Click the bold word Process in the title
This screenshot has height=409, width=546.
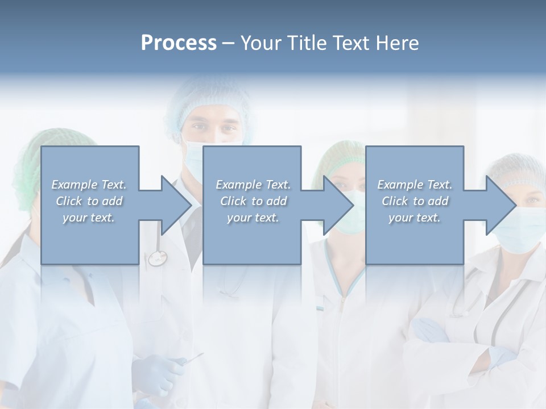(179, 43)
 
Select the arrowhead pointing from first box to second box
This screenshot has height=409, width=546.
(176, 205)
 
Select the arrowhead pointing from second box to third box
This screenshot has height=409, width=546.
(338, 205)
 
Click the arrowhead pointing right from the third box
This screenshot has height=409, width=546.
(501, 205)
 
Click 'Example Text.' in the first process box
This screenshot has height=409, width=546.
(89, 185)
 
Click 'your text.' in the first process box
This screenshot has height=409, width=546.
(89, 218)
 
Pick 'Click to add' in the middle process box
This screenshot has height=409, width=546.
(253, 201)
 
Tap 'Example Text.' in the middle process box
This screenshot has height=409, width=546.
(253, 185)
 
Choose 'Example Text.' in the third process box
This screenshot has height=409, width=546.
(415, 185)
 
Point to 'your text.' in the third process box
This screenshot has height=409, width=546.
(415, 218)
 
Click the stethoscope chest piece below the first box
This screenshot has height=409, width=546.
(156, 259)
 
